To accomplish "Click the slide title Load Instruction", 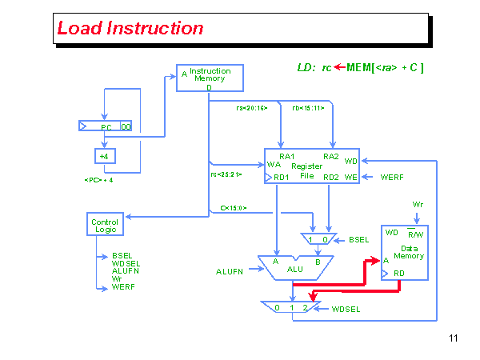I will [x=130, y=29].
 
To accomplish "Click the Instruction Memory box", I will [x=209, y=78].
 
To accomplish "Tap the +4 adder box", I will [x=104, y=155].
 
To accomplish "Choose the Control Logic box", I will [x=105, y=225].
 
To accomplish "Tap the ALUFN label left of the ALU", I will [x=230, y=272].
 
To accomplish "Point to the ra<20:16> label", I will [x=252, y=106].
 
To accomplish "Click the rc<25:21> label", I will [x=226, y=174].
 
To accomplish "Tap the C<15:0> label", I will [x=234, y=208].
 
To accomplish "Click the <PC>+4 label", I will [x=98, y=180].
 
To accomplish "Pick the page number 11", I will [x=454, y=338].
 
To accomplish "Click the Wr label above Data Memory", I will [x=418, y=204].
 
